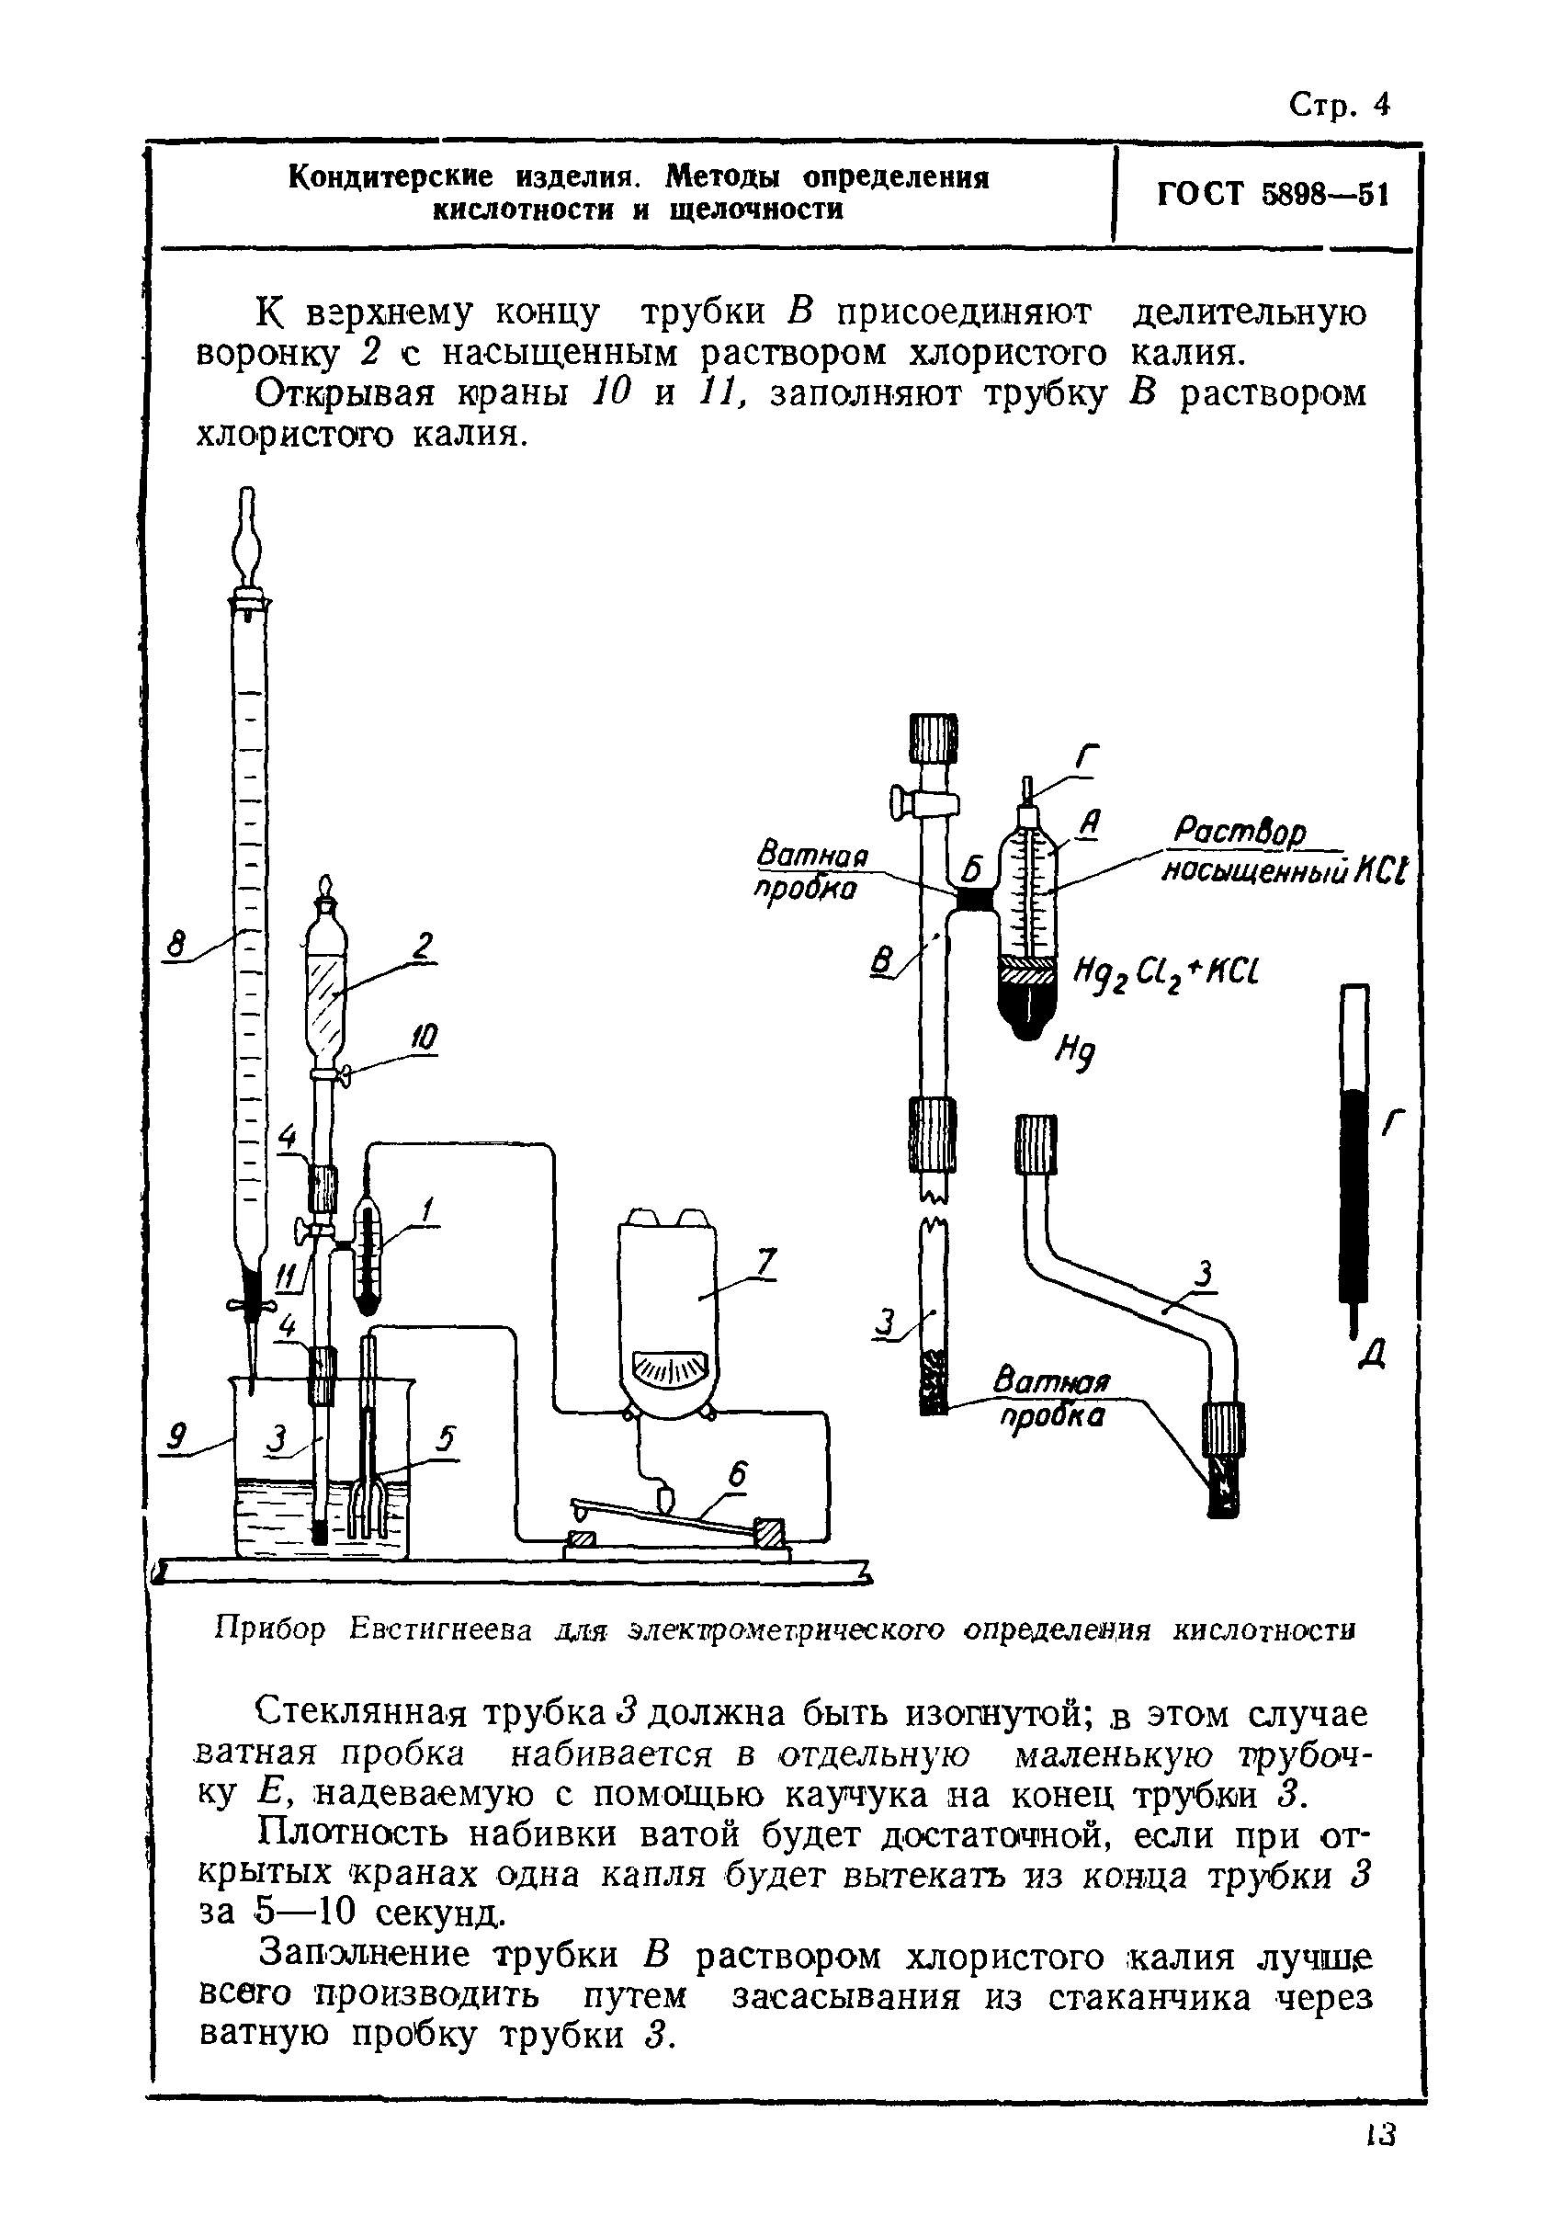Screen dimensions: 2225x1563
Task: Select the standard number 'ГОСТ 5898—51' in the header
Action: pos(1273,195)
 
